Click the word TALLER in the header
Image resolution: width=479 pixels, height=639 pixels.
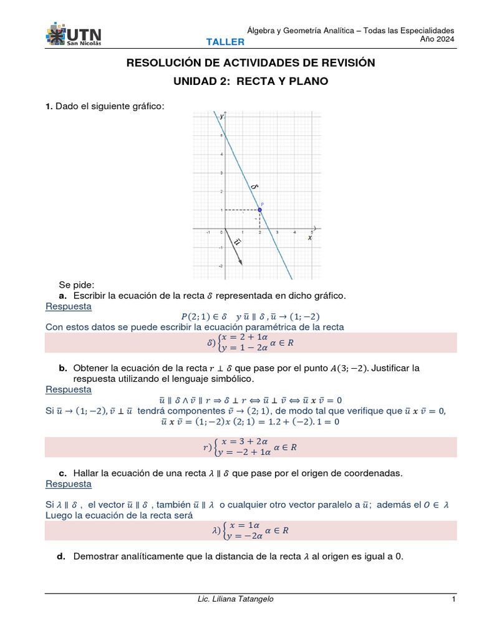coord(226,42)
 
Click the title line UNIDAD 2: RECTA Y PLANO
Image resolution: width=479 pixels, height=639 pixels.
coord(250,82)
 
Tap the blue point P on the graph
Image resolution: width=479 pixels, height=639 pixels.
coord(260,210)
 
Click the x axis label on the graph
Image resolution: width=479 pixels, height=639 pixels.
coord(309,237)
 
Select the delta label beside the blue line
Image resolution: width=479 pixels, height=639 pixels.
coord(254,186)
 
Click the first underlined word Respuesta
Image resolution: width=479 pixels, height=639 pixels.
coord(69,306)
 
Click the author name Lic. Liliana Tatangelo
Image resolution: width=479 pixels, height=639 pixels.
coord(235,599)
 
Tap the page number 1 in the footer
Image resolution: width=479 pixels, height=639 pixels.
coord(454,599)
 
